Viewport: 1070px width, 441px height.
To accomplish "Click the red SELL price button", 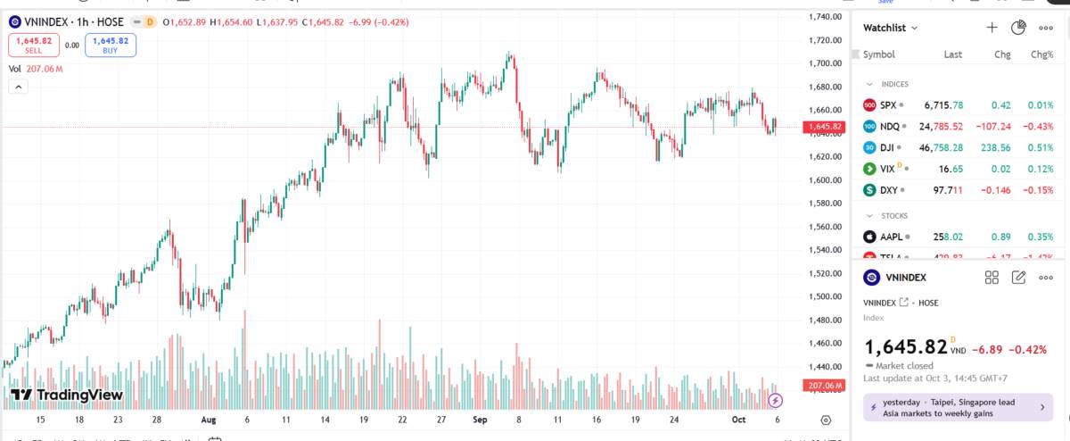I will tap(33, 45).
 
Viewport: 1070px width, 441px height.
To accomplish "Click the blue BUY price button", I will tap(111, 45).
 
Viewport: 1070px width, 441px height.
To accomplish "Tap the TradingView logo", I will tap(66, 395).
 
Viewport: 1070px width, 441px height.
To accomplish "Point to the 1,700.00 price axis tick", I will tap(826, 63).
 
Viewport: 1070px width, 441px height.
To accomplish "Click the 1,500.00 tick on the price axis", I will tap(826, 296).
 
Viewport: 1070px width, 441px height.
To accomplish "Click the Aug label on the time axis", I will tap(208, 419).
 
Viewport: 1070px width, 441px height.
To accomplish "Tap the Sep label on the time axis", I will tap(481, 419).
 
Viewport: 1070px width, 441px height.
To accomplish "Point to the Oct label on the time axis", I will tap(737, 419).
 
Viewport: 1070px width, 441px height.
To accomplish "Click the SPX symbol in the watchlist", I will tap(887, 104).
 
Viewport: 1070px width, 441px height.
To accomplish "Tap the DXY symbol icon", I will tap(869, 190).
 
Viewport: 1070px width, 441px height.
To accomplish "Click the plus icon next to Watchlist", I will tap(992, 28).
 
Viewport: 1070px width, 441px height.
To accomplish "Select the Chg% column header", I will tap(1041, 54).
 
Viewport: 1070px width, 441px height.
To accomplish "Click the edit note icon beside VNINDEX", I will tap(1018, 278).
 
